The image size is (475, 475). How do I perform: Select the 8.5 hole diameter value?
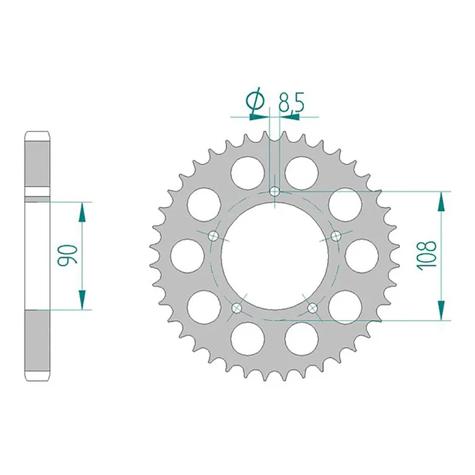(x=292, y=102)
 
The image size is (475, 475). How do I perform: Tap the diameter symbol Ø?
(x=255, y=102)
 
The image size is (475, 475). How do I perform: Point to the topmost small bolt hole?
(x=275, y=191)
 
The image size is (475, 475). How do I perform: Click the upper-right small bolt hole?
(x=336, y=236)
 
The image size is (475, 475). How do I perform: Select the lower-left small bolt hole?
(x=237, y=308)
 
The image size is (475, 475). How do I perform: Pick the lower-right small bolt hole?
(x=313, y=308)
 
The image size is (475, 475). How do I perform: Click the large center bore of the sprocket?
(x=275, y=255)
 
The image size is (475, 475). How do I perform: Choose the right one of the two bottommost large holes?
(x=301, y=339)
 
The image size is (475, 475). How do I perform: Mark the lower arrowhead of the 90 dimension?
(x=82, y=302)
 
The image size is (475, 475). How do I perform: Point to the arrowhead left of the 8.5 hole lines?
(x=259, y=117)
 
